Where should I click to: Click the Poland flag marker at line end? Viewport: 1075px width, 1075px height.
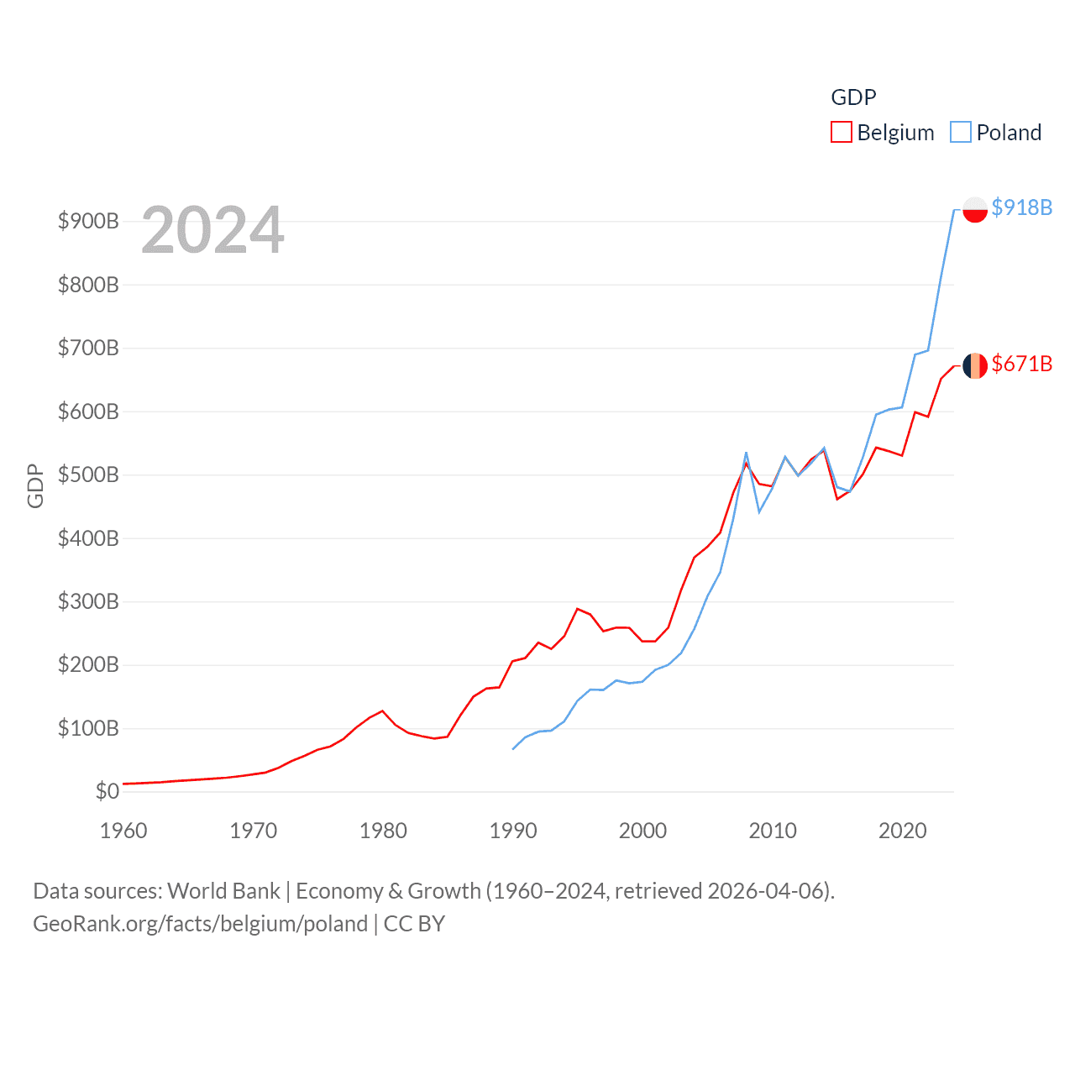[974, 209]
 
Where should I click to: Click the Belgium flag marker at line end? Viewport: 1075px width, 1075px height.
[974, 365]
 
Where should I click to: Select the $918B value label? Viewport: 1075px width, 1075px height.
[1021, 207]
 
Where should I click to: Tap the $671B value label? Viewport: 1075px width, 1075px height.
[1021, 364]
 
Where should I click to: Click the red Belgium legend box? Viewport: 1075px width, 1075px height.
[841, 133]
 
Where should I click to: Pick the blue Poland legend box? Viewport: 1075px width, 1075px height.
[960, 133]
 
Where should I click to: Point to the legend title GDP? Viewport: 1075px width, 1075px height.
[853, 97]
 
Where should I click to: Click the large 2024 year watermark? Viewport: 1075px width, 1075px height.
[212, 230]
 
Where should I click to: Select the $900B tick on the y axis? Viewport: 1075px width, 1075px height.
[88, 221]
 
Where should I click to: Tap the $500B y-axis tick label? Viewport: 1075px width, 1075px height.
[88, 475]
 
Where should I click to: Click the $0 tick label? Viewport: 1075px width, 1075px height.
[107, 791]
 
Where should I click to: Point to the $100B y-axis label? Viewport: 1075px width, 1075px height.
[88, 728]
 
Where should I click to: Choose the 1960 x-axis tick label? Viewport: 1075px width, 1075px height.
[123, 831]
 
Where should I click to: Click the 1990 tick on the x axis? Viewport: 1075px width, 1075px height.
[513, 831]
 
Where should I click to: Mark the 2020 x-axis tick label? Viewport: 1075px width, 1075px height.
[902, 831]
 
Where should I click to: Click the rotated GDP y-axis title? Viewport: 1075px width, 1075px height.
[35, 485]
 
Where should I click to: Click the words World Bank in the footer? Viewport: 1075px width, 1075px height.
[223, 890]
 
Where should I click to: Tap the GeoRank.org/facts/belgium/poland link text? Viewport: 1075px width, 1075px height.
[200, 924]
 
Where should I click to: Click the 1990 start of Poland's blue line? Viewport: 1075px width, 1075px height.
[513, 748]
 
